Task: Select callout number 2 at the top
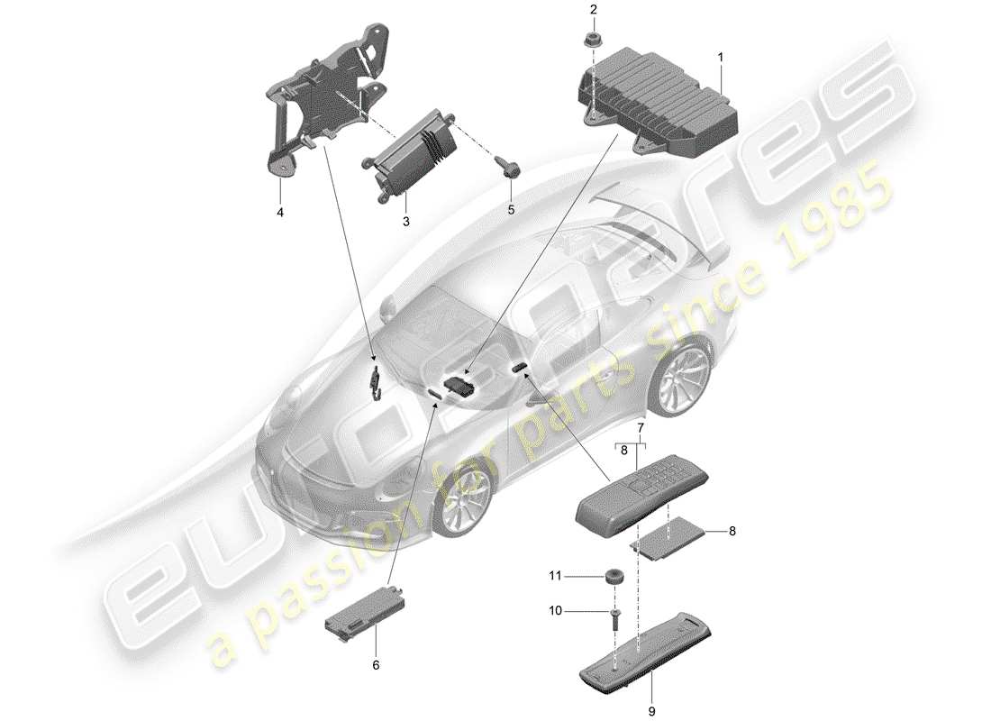594,10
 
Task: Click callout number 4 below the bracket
279,213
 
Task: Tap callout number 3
405,221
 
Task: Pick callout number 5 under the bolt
511,210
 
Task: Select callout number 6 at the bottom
377,665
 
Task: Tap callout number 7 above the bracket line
641,426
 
